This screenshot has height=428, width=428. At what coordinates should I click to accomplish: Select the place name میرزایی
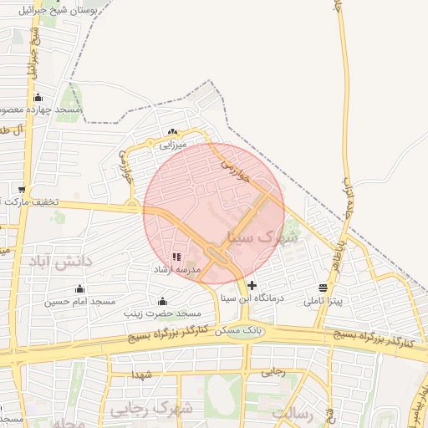click(174, 145)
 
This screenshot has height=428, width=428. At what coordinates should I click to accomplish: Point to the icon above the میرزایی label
click(173, 132)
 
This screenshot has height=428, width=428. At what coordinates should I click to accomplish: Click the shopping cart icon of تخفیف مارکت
click(22, 189)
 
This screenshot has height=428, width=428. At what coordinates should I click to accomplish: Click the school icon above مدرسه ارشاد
click(176, 257)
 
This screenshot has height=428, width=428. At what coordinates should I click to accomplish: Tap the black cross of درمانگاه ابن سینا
click(252, 285)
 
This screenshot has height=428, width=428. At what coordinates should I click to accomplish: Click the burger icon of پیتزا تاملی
click(323, 288)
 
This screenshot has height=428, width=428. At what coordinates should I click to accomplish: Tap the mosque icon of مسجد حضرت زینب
click(162, 301)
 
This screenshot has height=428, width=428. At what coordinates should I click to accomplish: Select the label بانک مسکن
click(238, 331)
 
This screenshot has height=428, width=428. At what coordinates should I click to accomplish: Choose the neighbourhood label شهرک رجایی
click(150, 409)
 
